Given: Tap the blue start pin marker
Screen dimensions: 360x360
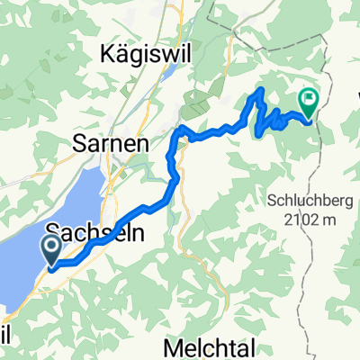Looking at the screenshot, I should [x=53, y=249].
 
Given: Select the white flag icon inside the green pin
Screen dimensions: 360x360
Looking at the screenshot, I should [x=309, y=100].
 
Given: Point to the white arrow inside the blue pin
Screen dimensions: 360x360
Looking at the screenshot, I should [x=53, y=245].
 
